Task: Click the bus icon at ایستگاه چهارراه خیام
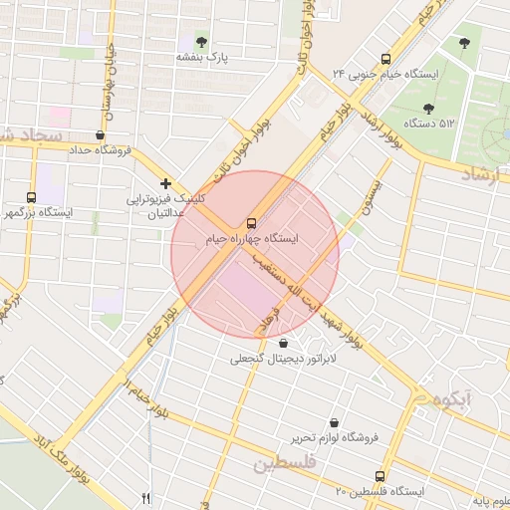pyautogui.click(x=250, y=223)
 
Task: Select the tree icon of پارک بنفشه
pyautogui.click(x=202, y=42)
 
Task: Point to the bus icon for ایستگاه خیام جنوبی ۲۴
pyautogui.click(x=385, y=58)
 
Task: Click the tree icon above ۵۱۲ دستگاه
pyautogui.click(x=428, y=108)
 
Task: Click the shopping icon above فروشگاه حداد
pyautogui.click(x=100, y=134)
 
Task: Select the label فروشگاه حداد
pyautogui.click(x=100, y=150)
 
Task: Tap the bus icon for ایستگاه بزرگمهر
pyautogui.click(x=32, y=197)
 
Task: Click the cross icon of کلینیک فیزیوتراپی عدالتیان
pyautogui.click(x=165, y=183)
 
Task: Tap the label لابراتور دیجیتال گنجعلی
pyautogui.click(x=285, y=359)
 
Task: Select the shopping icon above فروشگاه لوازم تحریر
pyautogui.click(x=333, y=422)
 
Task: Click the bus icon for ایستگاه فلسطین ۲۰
pyautogui.click(x=379, y=476)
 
